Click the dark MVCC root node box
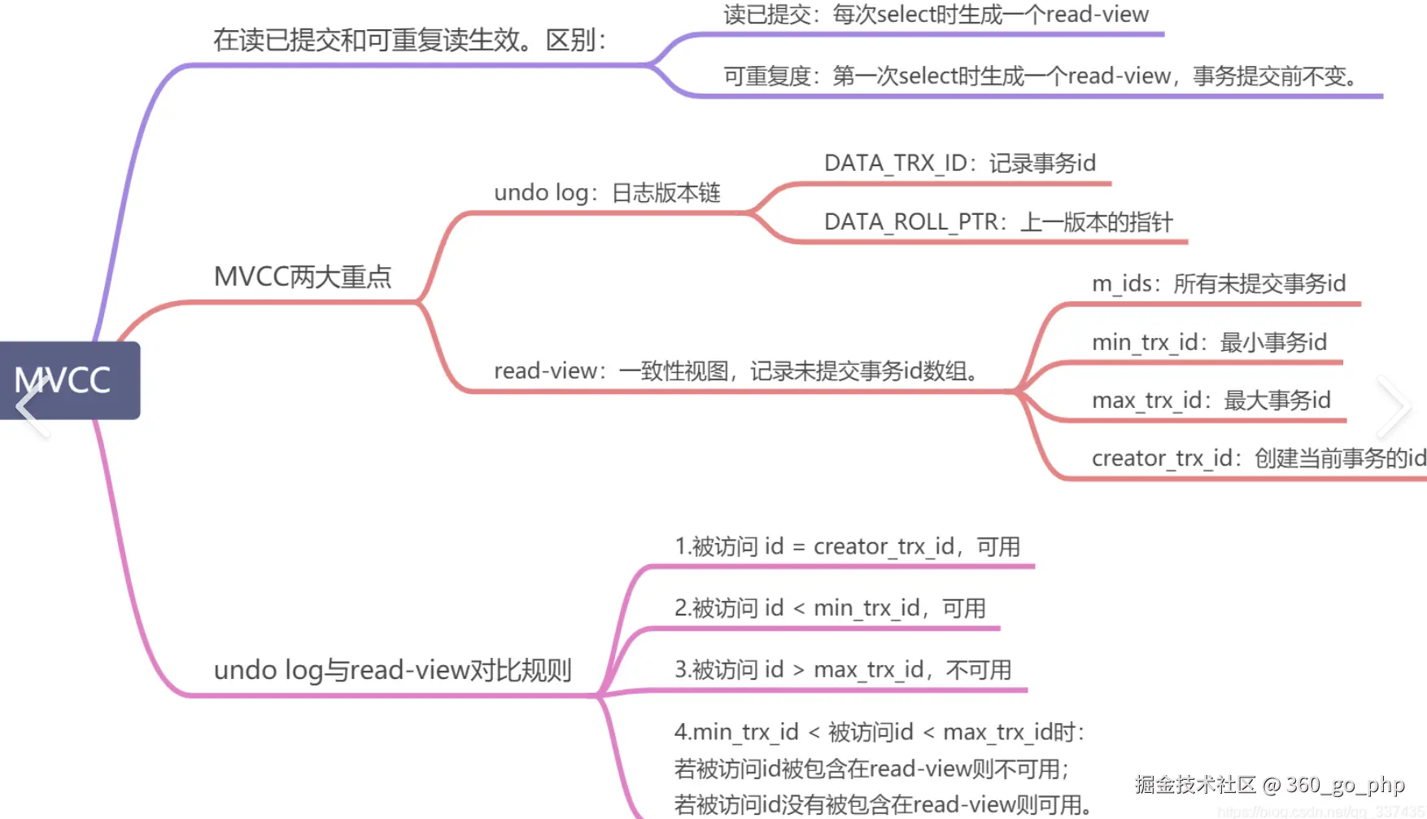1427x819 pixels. pos(70,380)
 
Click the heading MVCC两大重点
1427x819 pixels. pos(303,277)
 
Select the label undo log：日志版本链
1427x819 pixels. pos(607,193)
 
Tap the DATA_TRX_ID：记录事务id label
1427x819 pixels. pos(960,164)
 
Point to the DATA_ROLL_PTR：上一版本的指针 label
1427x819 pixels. pos(998,222)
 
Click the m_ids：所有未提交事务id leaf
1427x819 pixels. pos(1219,283)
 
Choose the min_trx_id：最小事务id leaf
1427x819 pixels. pos(1209,342)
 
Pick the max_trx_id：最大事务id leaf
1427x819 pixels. pos(1211,401)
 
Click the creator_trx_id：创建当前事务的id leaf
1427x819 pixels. pos(1258,458)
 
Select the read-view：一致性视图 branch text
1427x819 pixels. pos(736,371)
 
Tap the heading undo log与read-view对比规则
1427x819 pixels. pos(393,670)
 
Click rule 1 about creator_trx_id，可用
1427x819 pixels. pos(847,546)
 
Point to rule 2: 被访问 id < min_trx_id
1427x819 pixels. pos(830,608)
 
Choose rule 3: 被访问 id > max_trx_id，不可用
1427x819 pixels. pos(843,670)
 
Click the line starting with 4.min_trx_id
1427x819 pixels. pos(879,732)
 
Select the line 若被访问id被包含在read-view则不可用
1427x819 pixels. pos(871,769)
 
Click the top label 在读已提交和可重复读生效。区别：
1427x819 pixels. pos(410,40)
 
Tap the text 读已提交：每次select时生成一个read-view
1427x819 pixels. pos(936,15)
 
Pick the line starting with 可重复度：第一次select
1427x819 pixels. pos(1042,77)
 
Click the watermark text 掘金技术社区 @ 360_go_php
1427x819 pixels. pos(1269,785)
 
